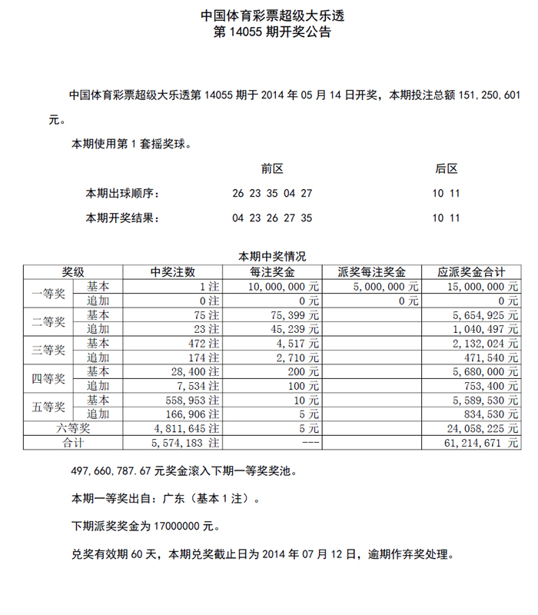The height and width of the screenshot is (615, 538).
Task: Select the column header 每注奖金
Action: point(272,272)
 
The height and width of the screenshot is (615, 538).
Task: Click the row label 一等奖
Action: point(49,293)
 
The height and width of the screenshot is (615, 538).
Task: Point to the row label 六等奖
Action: point(73,428)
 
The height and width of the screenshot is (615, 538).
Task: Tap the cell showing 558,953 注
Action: point(192,400)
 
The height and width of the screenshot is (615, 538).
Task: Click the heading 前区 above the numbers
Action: point(272,168)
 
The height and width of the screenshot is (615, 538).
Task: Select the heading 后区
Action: point(446,168)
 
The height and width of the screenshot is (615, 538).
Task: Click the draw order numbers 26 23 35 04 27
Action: point(272,193)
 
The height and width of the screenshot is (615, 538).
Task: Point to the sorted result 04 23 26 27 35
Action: point(272,218)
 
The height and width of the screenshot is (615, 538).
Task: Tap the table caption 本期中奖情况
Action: point(272,257)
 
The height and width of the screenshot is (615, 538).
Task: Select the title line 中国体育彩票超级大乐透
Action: point(269,15)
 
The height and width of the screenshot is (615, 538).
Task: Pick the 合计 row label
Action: point(73,443)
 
